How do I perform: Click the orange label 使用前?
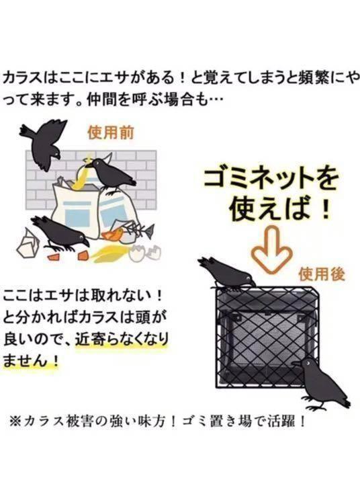[111, 132]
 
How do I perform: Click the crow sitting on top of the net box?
[225, 273]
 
